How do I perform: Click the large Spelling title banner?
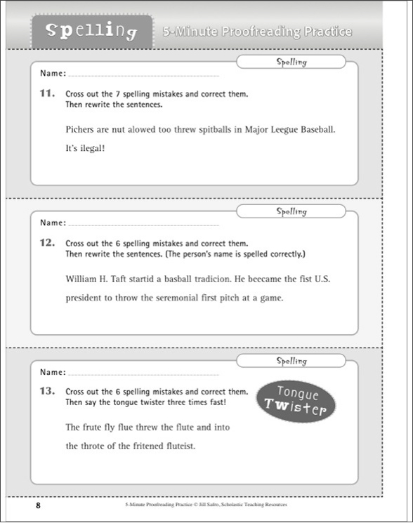[92, 32]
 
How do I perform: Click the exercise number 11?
[47, 93]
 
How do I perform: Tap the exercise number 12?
[47, 243]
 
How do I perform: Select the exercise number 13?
[47, 391]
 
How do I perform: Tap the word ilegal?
[90, 148]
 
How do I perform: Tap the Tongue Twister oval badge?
[296, 402]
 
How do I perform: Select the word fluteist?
[181, 446]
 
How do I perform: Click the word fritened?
[148, 446]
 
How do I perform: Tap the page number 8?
[38, 505]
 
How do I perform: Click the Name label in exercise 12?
[53, 223]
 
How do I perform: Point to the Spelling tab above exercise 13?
[291, 361]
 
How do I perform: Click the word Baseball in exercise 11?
[318, 129]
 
